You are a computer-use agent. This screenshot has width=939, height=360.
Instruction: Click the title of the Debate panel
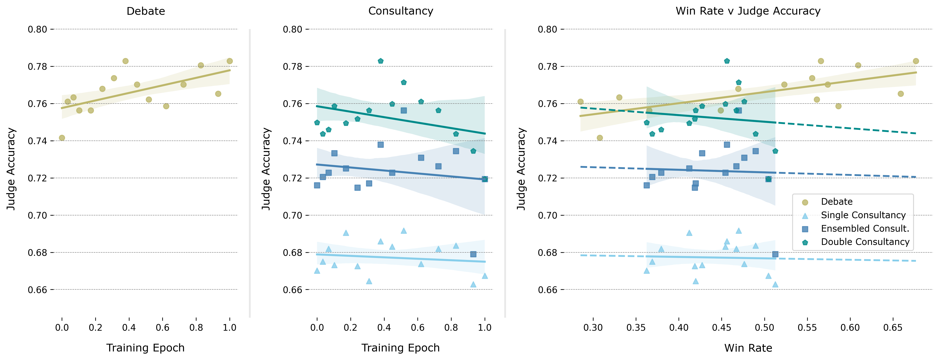pos(146,11)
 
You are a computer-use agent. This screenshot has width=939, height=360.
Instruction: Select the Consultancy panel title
pos(401,11)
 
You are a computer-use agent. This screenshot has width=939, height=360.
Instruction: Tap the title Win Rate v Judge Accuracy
pos(748,11)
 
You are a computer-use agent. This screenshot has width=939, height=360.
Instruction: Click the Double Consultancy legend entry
pos(865,242)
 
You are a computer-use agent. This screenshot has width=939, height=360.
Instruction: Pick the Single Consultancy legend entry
pos(863,215)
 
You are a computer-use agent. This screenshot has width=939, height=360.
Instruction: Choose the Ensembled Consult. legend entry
pos(865,229)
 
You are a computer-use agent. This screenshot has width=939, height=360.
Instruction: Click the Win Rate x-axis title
pos(748,348)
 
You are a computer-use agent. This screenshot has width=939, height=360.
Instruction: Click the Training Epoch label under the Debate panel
pos(146,348)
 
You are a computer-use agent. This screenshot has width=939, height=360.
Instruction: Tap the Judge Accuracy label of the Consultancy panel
pos(266,169)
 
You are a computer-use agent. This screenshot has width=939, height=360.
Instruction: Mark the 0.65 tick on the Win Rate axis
pos(893,327)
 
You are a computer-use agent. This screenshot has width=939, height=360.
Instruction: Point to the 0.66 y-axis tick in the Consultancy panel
pos(293,290)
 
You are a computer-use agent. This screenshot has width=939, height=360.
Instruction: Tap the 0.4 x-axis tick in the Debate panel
pos(129,327)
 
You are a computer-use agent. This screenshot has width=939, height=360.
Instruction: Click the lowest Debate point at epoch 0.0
pos(62,138)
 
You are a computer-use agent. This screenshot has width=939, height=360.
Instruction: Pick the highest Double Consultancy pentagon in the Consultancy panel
pos(381,61)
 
